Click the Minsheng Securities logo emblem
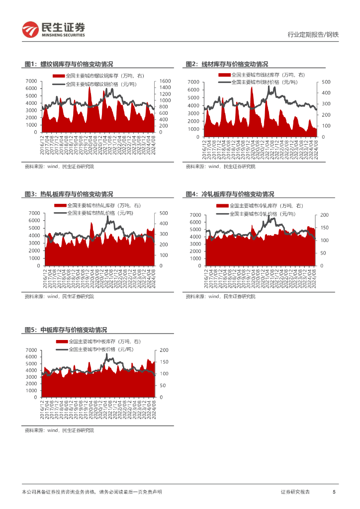[30, 30]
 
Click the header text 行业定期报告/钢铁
[313, 34]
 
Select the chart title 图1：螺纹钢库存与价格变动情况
[69, 64]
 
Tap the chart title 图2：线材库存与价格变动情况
[227, 64]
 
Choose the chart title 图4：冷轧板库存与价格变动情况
[230, 194]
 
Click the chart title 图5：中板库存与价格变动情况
[66, 330]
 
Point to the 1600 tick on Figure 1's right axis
[166, 81]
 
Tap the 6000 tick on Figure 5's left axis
[31, 357]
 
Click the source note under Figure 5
[59, 430]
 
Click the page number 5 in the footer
[334, 492]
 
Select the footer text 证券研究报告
[295, 492]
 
